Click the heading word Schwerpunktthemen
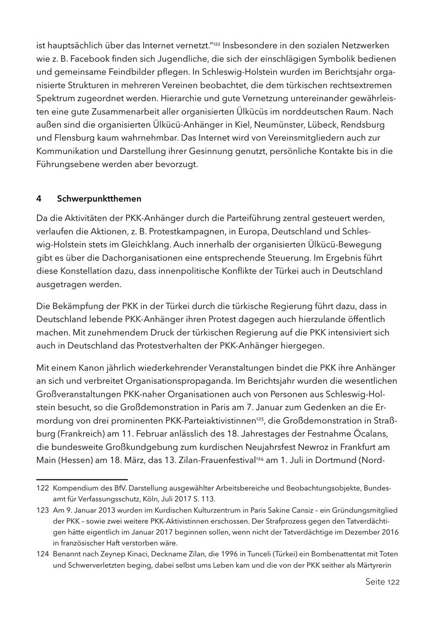[99, 199]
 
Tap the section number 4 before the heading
[39, 199]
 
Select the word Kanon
[92, 367]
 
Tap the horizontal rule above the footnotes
[82, 480]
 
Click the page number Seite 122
[382, 582]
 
